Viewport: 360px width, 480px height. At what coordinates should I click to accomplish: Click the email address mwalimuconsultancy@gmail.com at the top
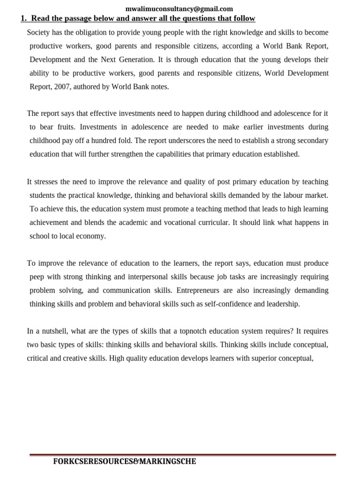pos(179,8)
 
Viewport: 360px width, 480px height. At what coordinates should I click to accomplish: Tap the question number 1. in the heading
pos(24,19)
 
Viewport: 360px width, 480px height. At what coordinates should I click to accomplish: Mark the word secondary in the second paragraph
pos(311,141)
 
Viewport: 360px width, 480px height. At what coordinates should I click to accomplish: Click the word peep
pos(37,277)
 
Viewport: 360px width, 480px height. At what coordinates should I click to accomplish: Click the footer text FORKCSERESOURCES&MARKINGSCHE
pos(125,461)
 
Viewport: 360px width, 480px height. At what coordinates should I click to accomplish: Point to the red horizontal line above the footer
pos(183,455)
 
